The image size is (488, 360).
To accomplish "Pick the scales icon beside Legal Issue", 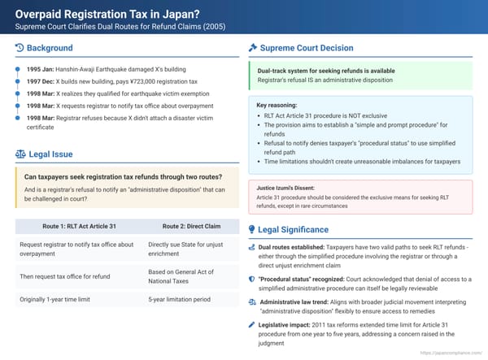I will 20,154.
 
